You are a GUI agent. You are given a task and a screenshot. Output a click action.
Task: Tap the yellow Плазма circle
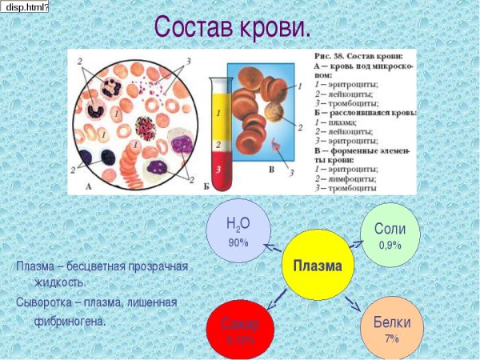coord(318,266)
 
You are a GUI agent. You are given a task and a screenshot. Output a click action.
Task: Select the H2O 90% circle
coord(238,231)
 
